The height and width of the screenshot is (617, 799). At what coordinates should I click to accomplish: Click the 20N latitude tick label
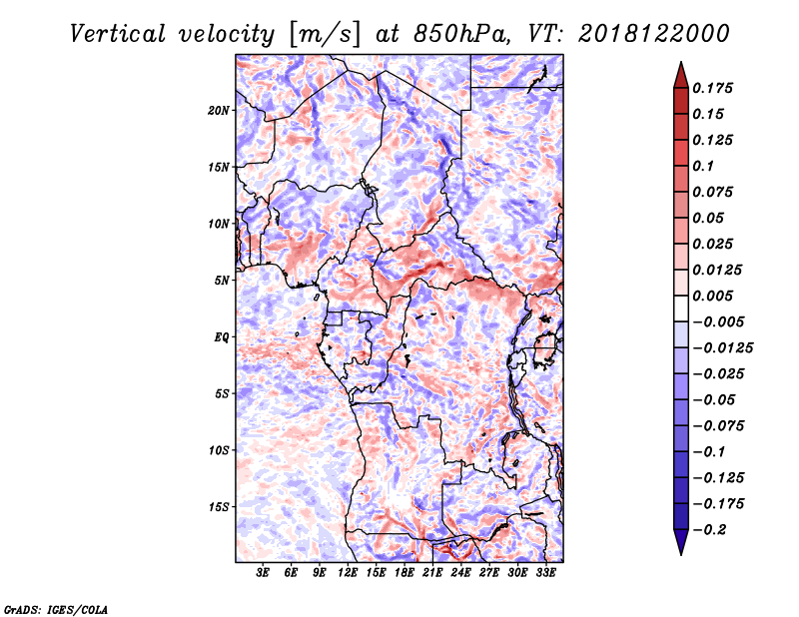(219, 110)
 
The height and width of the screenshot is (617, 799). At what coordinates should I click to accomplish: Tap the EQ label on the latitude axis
(222, 337)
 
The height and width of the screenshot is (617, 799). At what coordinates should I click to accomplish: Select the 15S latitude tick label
(219, 507)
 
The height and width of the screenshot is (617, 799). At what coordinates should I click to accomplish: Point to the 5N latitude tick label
(222, 281)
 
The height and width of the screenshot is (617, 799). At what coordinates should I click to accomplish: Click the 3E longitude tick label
(263, 573)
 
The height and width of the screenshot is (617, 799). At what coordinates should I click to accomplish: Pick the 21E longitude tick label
(432, 573)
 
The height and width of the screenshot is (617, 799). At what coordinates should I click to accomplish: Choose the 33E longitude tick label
(545, 573)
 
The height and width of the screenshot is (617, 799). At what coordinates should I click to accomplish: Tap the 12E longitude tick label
(348, 573)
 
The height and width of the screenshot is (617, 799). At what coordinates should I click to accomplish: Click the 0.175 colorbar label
(712, 88)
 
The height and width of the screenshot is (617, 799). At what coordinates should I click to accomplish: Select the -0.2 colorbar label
(709, 530)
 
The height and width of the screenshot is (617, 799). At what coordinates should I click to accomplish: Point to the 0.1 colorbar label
(703, 166)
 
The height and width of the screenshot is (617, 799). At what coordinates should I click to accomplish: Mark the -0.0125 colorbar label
(722, 348)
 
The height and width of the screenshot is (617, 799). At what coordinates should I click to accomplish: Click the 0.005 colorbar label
(712, 296)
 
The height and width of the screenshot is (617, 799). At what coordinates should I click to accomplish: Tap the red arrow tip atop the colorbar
(681, 62)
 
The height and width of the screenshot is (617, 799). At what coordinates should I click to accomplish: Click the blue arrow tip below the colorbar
(681, 554)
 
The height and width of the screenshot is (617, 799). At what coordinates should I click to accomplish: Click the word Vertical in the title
(118, 34)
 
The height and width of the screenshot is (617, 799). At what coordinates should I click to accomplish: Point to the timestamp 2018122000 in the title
(654, 34)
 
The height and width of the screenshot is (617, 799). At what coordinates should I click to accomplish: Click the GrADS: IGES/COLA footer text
(56, 609)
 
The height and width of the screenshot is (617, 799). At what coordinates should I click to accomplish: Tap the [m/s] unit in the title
(325, 34)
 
